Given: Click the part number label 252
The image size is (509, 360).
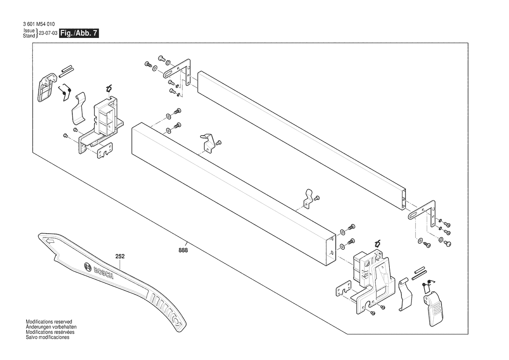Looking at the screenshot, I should tap(120, 257).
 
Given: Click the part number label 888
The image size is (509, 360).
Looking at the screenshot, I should tap(183, 250).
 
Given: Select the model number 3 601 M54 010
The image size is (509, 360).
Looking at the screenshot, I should tap(39, 24).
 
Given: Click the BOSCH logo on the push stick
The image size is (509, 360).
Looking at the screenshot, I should tap(98, 271).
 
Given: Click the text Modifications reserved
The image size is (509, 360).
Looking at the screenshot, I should tap(49, 322).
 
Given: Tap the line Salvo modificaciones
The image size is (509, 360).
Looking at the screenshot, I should tap(47, 337).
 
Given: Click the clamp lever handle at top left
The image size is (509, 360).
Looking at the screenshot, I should tap(45, 88).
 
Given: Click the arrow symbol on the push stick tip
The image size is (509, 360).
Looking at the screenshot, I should tap(49, 240).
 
